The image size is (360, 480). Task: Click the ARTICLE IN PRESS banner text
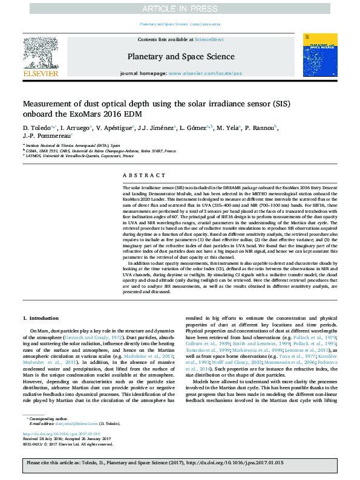point(180,8)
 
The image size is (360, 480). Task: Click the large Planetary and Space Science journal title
point(180,57)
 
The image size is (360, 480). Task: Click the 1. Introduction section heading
point(42,317)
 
